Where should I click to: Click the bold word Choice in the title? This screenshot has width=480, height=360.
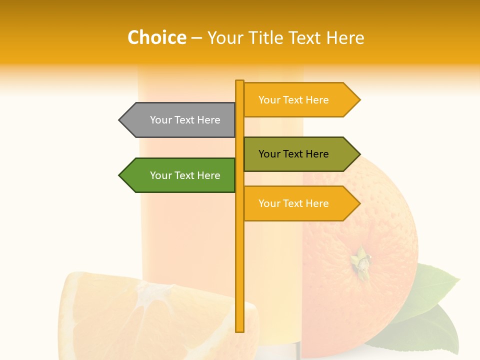(x=156, y=37)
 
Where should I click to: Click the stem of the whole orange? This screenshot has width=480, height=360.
(x=361, y=261)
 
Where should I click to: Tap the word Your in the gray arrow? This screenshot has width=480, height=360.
(x=160, y=120)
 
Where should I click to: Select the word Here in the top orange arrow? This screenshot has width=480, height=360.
(x=317, y=99)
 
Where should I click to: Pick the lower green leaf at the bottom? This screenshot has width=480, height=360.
(x=425, y=330)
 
